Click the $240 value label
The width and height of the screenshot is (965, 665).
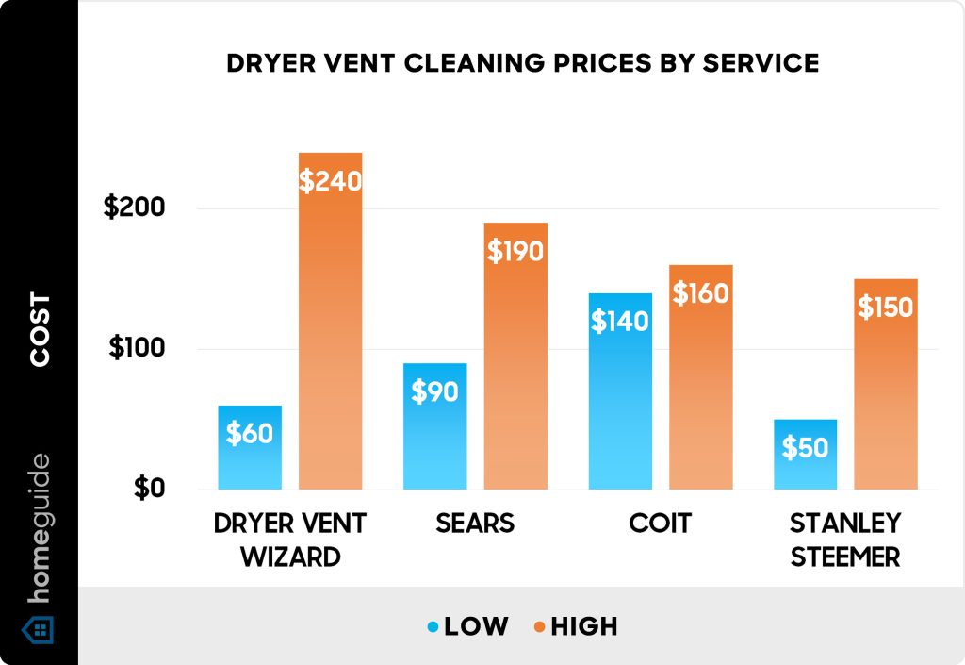coord(330,180)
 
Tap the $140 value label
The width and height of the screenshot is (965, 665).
coord(620,322)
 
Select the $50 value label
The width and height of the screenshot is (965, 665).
coord(805,447)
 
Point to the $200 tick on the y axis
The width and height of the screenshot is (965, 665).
coord(134,208)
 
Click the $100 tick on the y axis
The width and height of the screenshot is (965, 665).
coord(137,348)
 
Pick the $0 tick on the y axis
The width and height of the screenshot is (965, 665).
coord(149,489)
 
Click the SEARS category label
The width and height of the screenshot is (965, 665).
coord(475,524)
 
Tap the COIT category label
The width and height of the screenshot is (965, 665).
coord(661,524)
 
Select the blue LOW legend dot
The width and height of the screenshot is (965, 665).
coord(433,626)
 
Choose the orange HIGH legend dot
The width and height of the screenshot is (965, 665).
coord(539,626)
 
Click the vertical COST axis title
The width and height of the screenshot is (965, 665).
coord(40,330)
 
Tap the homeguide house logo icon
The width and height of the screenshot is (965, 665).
coord(39,629)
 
